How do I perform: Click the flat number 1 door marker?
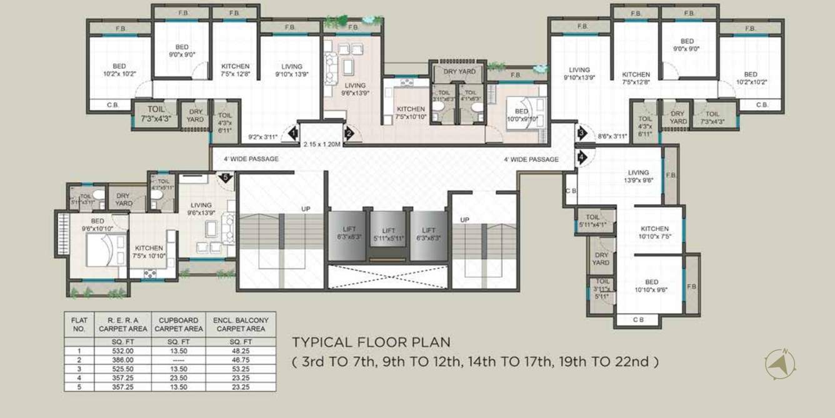292,132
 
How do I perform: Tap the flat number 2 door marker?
349,132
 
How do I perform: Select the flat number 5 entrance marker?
226,177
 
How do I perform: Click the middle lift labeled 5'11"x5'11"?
389,234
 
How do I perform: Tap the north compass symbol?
779,364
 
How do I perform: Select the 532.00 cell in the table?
122,352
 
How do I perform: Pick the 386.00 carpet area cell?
122,360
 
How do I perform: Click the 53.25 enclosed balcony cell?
240,369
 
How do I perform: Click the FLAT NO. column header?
79,324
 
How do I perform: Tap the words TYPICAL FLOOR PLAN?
371,342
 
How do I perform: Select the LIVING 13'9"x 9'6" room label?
638,176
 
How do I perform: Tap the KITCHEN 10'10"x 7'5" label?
654,233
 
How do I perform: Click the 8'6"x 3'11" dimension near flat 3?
612,135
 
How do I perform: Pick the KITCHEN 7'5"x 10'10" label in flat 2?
411,113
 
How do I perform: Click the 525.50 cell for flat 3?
122,369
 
